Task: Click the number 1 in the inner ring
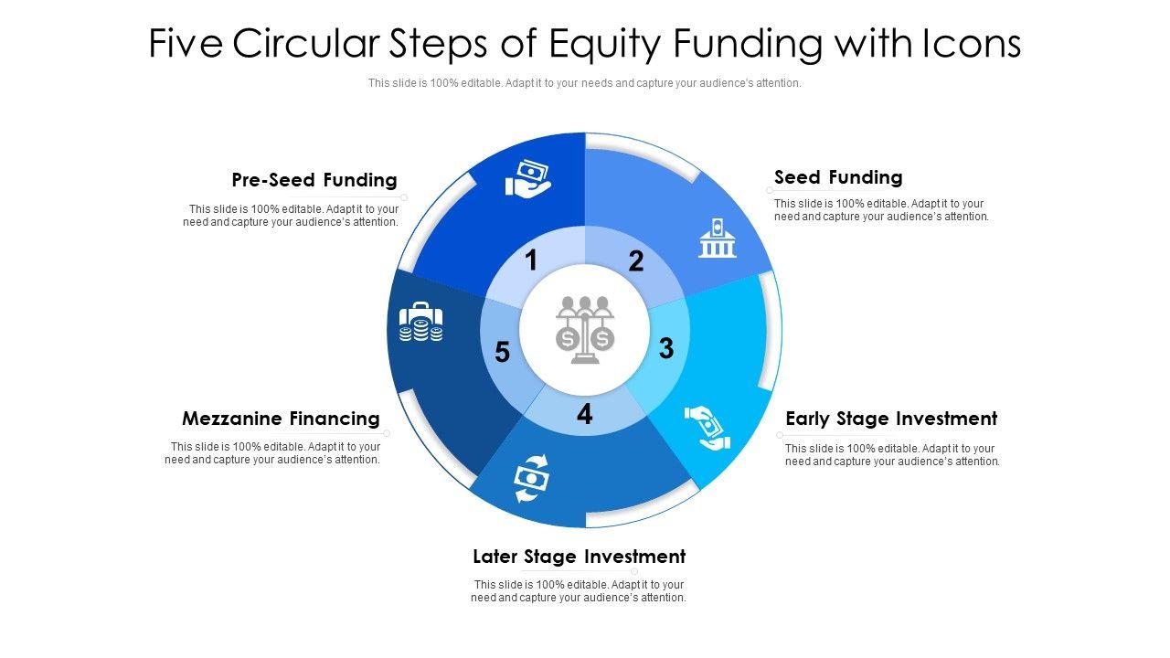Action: coord(531,261)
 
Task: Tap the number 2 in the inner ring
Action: coord(636,262)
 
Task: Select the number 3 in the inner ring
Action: coord(666,348)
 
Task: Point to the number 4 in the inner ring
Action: coord(584,415)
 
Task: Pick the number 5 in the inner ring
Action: coord(502,353)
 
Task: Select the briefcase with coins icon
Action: coord(421,323)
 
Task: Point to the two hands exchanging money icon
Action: coord(707,428)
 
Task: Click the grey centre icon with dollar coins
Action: coord(585,330)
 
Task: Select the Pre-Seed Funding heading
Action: coord(314,180)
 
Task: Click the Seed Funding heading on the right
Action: coord(838,177)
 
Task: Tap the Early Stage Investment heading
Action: coord(891,419)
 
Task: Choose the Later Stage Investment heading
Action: coord(579,557)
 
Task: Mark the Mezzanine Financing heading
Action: coord(281,419)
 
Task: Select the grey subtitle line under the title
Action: coord(585,83)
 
